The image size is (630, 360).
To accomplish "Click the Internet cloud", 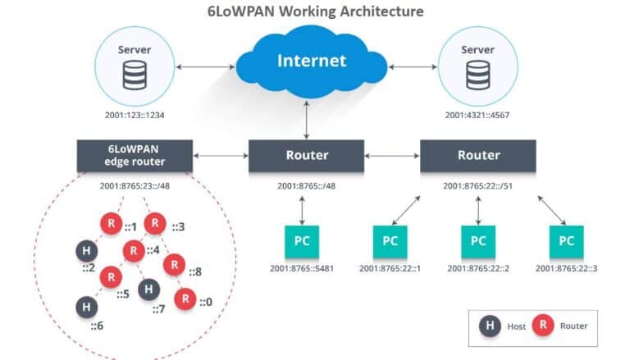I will [311, 62].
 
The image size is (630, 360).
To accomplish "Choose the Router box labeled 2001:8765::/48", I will [306, 155].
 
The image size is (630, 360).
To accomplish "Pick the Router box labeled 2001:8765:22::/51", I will [477, 155].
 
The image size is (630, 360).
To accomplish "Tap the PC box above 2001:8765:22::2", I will [477, 241].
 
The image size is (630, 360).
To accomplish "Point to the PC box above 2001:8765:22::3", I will [566, 241].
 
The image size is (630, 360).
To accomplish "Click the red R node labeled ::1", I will [112, 223].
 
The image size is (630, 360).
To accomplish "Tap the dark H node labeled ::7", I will [148, 289].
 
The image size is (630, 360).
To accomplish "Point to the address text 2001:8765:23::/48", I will [135, 185].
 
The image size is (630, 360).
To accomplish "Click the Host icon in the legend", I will [490, 326].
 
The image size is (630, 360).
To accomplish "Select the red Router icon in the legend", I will [542, 326].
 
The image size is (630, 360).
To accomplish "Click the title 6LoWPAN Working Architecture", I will [315, 11].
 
